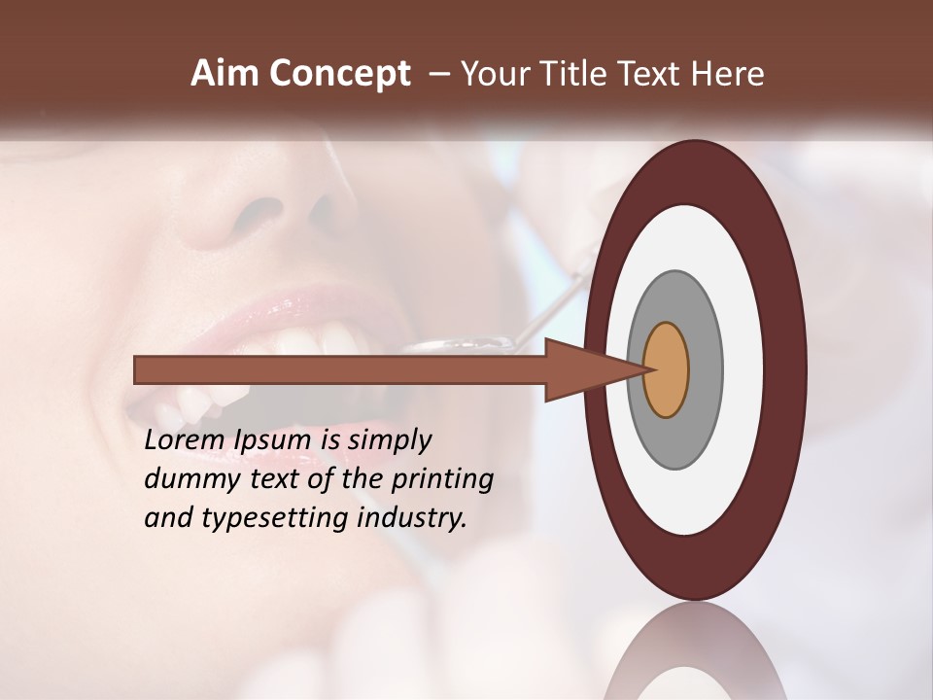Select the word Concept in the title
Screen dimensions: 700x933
(x=337, y=75)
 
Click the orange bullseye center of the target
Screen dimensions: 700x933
(x=667, y=369)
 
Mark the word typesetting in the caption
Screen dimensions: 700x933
(x=276, y=519)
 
